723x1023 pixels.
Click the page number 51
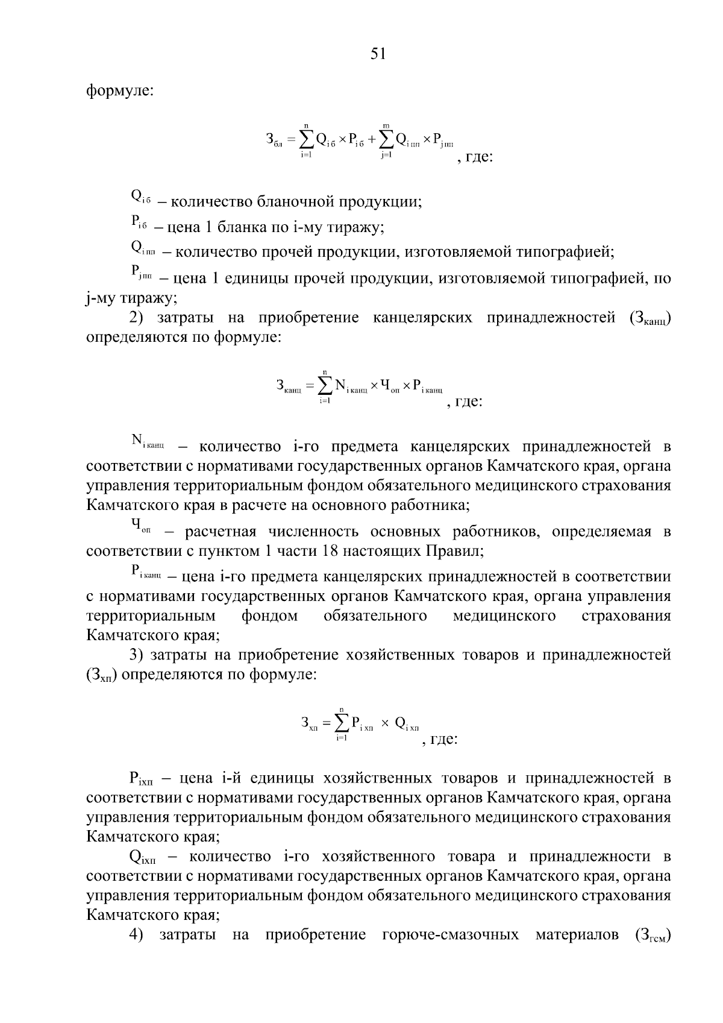coord(378,54)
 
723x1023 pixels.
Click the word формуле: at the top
coord(120,92)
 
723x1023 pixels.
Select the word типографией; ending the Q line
coord(563,251)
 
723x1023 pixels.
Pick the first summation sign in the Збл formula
coord(306,140)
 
